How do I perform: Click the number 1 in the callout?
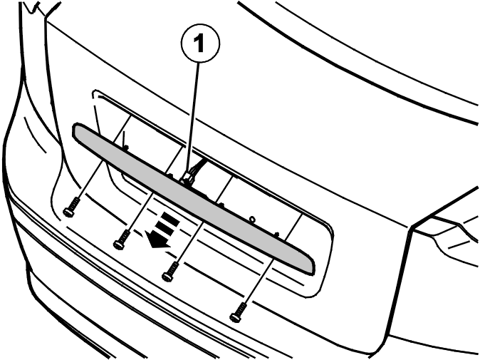[199, 43]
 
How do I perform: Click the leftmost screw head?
[68, 212]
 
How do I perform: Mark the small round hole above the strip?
[252, 219]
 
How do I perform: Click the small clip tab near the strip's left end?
[125, 148]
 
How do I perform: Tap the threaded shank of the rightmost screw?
[241, 308]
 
